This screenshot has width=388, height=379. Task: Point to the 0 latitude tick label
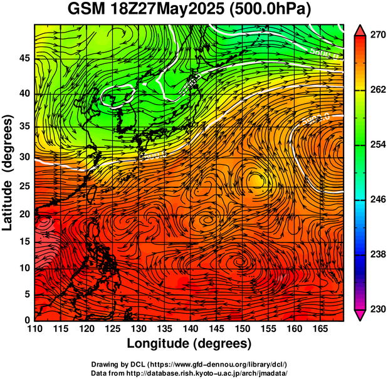pos(26,320)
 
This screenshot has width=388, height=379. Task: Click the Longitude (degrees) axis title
pos(189,343)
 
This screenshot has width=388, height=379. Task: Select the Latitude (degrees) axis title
pos(8,172)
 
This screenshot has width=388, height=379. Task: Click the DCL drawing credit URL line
pos(189,364)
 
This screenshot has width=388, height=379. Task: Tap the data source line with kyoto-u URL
pos(189,373)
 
